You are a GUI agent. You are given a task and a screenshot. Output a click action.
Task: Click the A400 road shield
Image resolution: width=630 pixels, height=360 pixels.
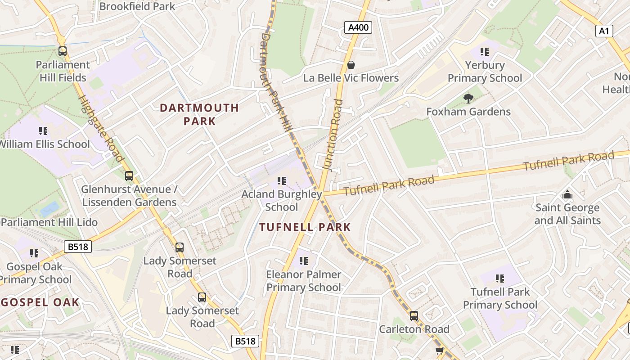pos(359,27)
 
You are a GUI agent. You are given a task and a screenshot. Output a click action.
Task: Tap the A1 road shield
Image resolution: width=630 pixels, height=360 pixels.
pos(604,31)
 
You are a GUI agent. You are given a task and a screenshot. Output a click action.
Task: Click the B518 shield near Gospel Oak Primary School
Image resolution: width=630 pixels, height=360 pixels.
pos(78,247)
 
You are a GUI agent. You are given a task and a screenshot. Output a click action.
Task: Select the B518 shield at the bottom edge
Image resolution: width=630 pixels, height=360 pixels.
pos(246,341)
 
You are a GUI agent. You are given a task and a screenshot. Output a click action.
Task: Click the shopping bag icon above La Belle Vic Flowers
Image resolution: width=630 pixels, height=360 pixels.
pos(351,65)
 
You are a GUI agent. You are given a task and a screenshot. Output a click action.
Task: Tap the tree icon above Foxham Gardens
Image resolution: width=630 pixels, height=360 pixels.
pos(468,98)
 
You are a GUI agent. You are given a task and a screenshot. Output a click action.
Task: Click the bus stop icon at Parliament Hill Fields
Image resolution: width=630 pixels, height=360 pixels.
pos(63,51)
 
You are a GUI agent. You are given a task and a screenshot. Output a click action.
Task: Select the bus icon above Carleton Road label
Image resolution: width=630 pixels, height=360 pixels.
pos(414,316)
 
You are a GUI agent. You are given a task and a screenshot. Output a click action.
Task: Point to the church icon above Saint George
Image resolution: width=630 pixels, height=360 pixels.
pos(567,195)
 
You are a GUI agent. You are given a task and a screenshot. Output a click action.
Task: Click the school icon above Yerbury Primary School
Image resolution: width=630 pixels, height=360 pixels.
pos(484,52)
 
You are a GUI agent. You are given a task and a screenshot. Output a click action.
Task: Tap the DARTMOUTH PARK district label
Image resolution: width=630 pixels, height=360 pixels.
pos(199,114)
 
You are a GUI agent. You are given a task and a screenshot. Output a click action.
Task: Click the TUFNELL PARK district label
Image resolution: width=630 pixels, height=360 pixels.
pos(305,227)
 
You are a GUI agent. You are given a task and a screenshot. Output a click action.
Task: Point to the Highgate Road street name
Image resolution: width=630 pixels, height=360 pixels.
pos(101,128)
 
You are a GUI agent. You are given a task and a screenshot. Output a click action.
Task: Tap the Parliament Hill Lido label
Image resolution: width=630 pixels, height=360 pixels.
pos(49,222)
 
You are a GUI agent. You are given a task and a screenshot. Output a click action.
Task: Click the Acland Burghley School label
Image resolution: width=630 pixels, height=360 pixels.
pos(282,201)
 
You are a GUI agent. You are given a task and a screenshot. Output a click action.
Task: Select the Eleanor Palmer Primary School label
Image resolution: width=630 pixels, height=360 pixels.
pos(304,281)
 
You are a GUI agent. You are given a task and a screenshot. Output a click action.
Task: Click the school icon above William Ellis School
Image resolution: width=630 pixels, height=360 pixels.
pos(43,131)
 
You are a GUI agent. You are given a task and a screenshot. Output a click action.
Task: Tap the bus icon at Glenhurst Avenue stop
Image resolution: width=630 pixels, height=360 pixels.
pos(129,176)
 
